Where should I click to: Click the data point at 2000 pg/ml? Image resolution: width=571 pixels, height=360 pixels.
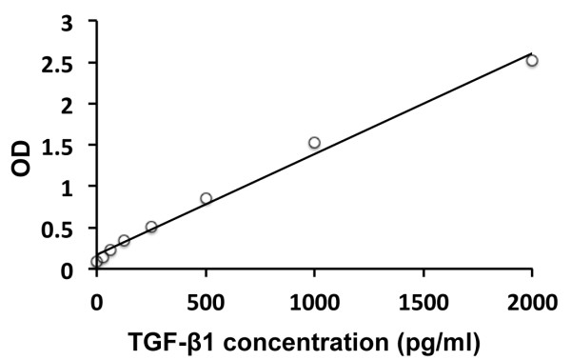coord(532,60)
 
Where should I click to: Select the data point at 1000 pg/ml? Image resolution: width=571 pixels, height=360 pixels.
coord(314,143)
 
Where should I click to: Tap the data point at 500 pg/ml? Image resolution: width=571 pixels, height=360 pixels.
coord(206,198)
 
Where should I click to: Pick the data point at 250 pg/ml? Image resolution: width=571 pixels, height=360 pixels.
coord(151,227)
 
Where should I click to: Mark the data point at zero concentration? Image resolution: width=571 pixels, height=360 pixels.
coord(96,261)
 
